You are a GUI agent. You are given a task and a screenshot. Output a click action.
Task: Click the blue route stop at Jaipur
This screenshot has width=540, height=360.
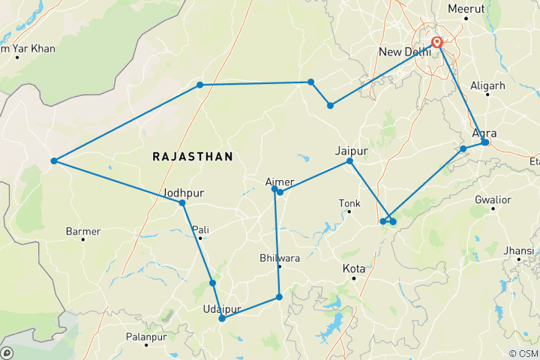349,161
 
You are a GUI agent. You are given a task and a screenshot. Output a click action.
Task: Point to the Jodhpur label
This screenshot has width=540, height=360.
183,193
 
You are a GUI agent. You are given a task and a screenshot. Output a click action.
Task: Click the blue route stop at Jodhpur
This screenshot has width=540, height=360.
182,203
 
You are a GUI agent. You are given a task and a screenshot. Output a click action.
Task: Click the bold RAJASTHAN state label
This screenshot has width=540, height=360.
193,156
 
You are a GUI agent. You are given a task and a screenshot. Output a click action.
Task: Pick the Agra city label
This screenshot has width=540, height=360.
485,133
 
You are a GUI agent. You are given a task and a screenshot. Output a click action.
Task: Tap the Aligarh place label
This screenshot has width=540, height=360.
487,85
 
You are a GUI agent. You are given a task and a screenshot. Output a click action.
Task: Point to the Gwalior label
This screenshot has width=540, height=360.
493,199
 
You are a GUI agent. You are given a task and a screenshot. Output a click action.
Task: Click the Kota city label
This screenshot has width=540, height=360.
354,268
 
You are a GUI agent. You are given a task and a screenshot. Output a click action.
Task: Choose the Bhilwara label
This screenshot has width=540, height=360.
279,257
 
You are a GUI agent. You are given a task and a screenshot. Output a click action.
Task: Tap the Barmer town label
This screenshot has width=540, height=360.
83,231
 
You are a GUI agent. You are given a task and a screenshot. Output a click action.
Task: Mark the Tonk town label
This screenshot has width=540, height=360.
349,202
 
